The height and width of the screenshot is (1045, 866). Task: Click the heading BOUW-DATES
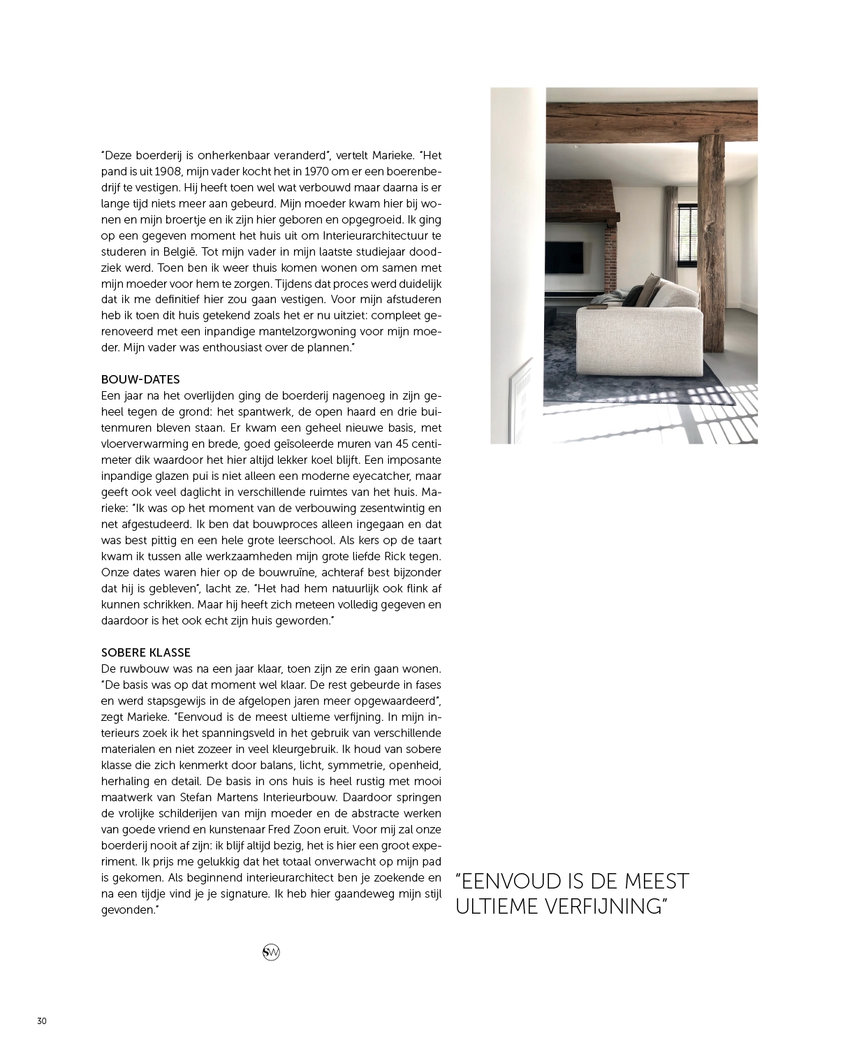pyautogui.click(x=140, y=379)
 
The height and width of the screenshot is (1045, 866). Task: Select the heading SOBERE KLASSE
pyautogui.click(x=146, y=652)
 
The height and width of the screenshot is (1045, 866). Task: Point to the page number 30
pyautogui.click(x=42, y=1021)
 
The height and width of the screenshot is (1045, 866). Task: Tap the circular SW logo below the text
pyautogui.click(x=271, y=952)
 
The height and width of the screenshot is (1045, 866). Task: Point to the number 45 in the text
pyautogui.click(x=392, y=444)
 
